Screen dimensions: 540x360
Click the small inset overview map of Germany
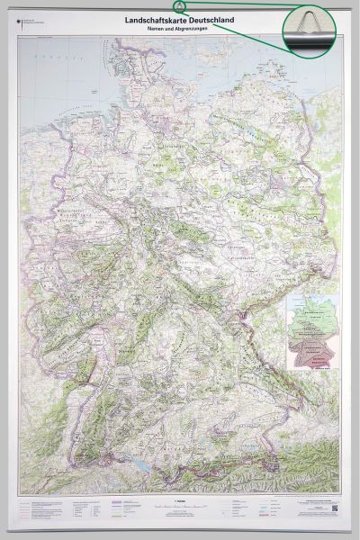[311, 332]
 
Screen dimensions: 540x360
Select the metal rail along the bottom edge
[180, 532]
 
